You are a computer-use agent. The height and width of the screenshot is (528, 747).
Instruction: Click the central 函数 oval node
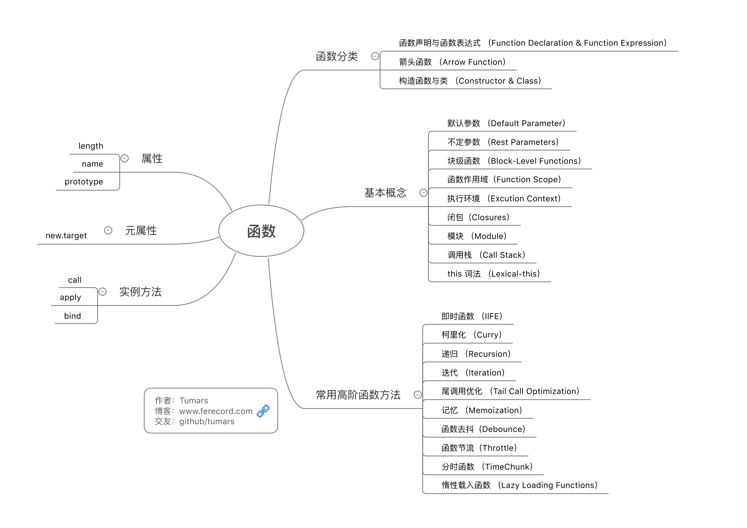(x=261, y=231)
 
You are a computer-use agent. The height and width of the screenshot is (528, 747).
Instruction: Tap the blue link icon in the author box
(x=263, y=411)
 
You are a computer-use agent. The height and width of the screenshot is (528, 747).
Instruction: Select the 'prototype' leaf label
(x=84, y=182)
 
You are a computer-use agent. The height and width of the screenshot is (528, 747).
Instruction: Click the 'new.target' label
(x=66, y=235)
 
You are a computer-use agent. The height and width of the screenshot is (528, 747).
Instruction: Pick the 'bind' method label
(x=73, y=316)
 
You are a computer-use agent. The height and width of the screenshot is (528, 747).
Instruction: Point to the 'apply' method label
(x=71, y=298)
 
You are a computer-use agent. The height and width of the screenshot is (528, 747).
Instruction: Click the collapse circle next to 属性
(x=125, y=158)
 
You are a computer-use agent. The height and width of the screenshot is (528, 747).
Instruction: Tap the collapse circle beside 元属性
(x=108, y=230)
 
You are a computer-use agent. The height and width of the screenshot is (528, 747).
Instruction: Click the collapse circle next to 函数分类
(x=375, y=56)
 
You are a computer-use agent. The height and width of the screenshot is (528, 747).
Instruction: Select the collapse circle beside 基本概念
(x=424, y=193)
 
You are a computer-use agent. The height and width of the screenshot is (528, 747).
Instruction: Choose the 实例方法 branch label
(x=140, y=292)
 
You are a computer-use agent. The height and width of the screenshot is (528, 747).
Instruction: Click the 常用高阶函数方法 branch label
(x=358, y=395)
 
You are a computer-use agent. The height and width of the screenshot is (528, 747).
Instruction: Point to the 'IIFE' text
(x=492, y=316)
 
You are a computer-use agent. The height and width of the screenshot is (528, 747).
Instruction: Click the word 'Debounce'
(x=502, y=429)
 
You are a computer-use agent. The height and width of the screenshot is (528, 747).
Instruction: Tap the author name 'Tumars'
(x=194, y=401)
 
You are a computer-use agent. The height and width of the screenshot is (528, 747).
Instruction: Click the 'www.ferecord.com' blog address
(x=216, y=411)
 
